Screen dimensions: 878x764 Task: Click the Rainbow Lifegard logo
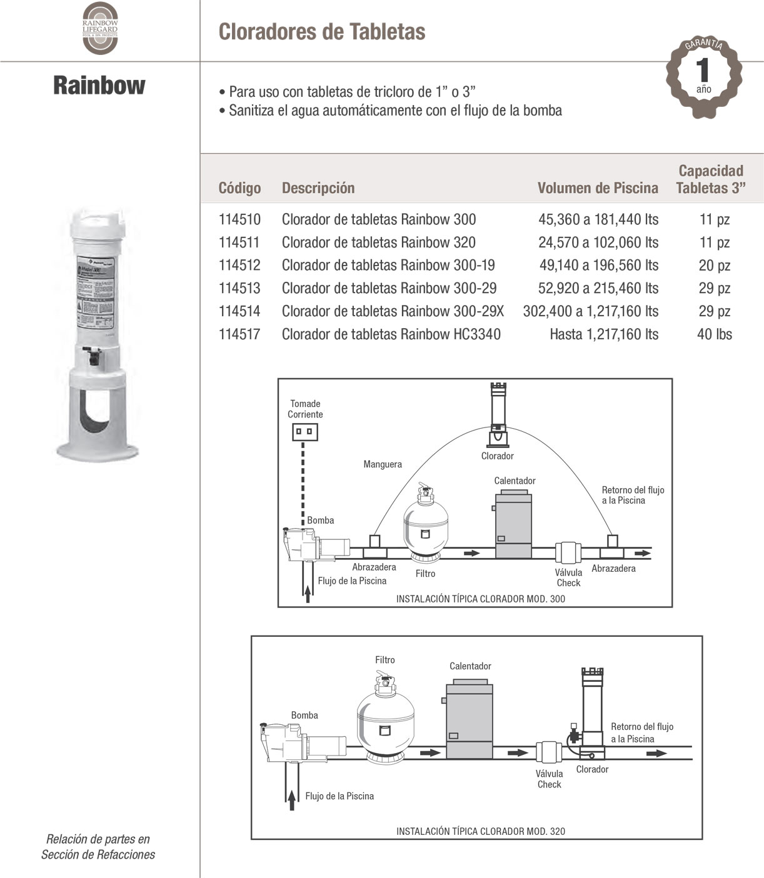[100, 28]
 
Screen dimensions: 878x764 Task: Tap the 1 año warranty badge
[703, 77]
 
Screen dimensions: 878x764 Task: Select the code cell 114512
[239, 265]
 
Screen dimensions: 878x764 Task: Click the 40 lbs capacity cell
[714, 334]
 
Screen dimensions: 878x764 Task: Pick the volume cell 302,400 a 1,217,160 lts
[590, 311]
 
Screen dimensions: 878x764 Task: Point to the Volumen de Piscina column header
[597, 188]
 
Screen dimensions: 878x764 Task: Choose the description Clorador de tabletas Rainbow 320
[378, 242]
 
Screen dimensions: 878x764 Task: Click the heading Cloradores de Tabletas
[321, 32]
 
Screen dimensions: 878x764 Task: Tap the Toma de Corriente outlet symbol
[305, 431]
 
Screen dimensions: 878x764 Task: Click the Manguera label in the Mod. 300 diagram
[382, 464]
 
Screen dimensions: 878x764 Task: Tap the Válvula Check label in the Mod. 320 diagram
[549, 779]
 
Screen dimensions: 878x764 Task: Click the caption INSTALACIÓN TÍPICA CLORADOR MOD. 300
[480, 599]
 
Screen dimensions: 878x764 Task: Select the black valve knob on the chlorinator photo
[94, 358]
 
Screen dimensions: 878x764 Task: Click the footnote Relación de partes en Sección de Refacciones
[98, 847]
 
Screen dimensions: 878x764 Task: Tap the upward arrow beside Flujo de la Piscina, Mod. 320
[291, 799]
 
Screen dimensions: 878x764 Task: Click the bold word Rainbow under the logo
[99, 85]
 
